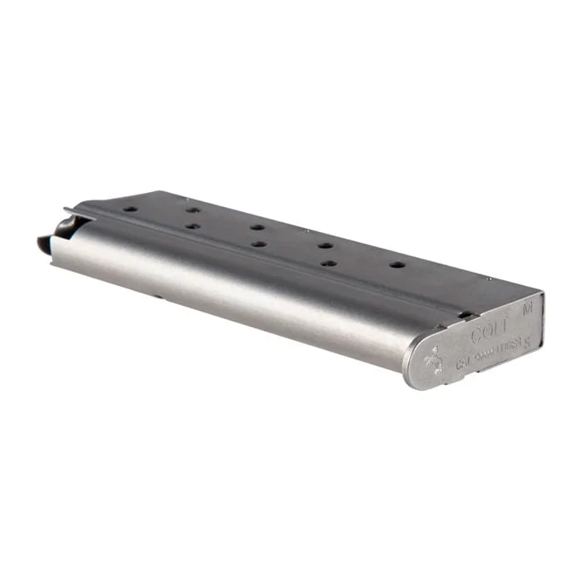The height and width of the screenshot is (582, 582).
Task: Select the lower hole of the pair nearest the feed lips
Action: pyautogui.click(x=192, y=226)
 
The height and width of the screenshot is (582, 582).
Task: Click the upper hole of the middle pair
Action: pyautogui.click(x=258, y=227)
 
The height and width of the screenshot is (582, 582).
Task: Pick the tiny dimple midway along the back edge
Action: pyautogui.click(x=306, y=230)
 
